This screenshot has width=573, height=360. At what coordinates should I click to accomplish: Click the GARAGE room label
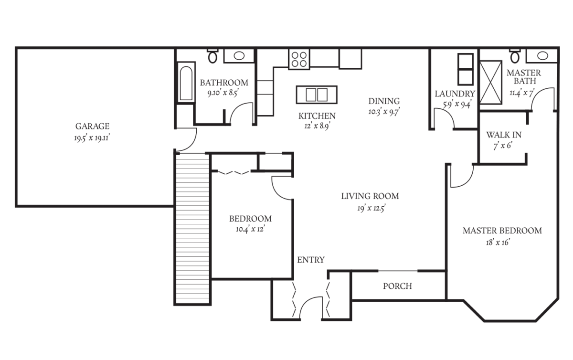click(92, 127)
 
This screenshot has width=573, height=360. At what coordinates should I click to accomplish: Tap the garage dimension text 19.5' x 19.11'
click(92, 138)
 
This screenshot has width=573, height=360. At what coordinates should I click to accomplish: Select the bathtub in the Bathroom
click(186, 83)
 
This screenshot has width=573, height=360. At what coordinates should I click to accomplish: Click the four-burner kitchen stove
click(299, 59)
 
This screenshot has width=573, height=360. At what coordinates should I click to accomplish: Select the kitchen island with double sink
click(317, 95)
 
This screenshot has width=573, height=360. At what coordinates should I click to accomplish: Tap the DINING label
click(384, 101)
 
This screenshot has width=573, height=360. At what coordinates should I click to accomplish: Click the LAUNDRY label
click(455, 94)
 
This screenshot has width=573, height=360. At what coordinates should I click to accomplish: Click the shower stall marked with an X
click(490, 82)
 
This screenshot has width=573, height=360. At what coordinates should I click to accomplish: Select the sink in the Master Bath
click(542, 55)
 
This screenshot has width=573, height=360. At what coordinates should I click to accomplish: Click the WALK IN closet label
click(503, 135)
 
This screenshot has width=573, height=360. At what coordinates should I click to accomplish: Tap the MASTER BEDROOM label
click(502, 231)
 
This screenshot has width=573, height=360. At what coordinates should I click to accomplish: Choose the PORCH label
click(397, 286)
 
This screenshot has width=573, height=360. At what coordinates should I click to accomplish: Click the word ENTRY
click(310, 260)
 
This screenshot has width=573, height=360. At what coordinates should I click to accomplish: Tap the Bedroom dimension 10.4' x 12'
click(250, 229)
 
